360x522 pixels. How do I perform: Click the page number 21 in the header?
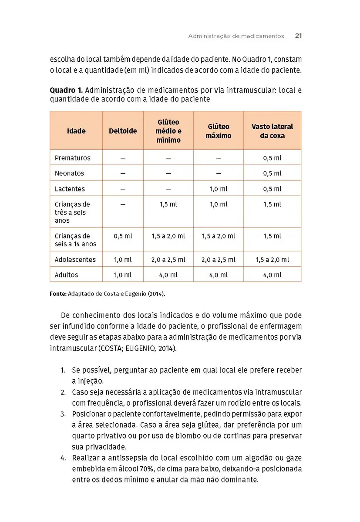point(298,36)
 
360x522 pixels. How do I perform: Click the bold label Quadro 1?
point(66,90)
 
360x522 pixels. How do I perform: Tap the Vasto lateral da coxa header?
point(272,131)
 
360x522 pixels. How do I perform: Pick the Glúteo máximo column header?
point(219,131)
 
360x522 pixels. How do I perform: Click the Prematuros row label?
point(72,158)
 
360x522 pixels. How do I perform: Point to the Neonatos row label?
point(69,173)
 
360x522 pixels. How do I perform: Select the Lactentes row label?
point(70,189)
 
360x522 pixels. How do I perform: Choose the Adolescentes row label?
point(75,260)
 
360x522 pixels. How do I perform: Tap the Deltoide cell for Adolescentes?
point(123,260)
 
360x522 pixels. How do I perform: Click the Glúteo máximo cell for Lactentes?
point(219,189)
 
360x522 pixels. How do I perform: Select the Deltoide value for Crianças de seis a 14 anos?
point(123,236)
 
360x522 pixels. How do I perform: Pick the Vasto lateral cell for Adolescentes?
point(272,260)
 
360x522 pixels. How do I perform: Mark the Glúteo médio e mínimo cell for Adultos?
point(168,275)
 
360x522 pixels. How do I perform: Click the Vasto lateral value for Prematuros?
point(272,158)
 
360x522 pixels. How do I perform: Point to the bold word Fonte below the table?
point(58,294)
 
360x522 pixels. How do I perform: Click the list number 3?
point(63,413)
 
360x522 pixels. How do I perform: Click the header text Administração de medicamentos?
point(236,36)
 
